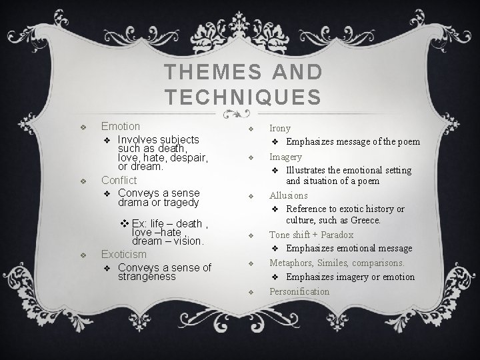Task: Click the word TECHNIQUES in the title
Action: pos(243,96)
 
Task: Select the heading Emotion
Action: pos(120,126)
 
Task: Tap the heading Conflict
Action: pos(119,180)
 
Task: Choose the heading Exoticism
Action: pos(123,254)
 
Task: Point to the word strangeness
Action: pos(147,276)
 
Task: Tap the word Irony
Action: pos(279,128)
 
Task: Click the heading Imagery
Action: pos(285,157)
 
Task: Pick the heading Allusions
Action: pos(289,195)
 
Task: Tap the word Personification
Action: pos(299,291)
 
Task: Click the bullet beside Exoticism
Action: pos(82,255)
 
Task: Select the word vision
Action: pos(188,241)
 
